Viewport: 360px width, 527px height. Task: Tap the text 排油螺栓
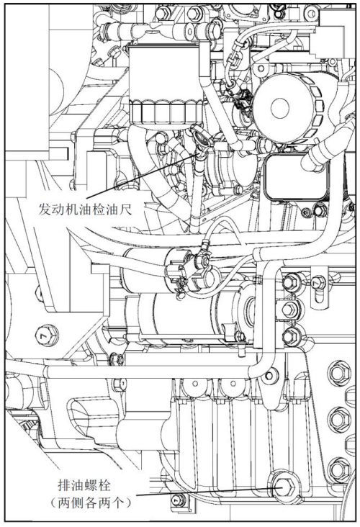click(84, 485)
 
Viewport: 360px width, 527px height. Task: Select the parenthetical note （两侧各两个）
click(91, 503)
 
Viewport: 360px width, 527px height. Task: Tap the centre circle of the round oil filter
click(279, 108)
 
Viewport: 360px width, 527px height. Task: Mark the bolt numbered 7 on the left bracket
click(47, 335)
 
